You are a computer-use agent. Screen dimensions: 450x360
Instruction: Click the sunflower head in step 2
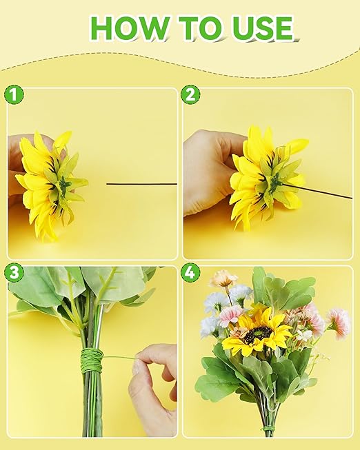pos(266,176)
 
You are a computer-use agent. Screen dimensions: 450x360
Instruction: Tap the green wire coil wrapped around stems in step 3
pos(92,360)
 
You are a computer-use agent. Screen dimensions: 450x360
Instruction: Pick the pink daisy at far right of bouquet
pos(338,321)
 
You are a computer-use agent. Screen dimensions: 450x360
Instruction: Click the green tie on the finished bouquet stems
pos(268,429)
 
